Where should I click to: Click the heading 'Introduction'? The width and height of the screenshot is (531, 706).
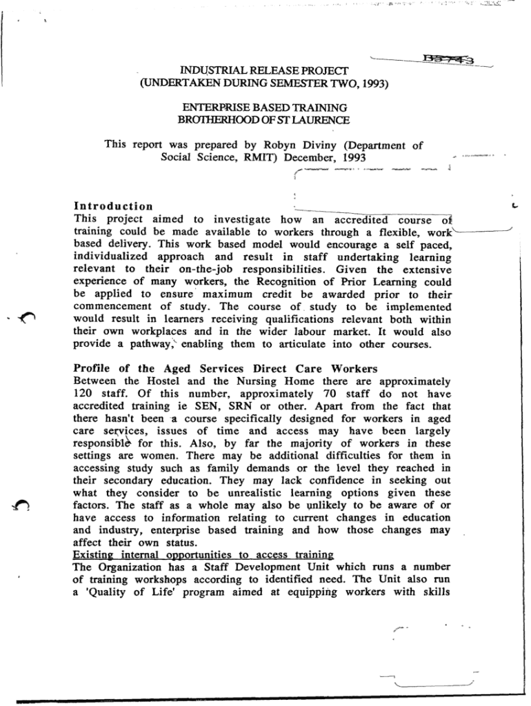113,206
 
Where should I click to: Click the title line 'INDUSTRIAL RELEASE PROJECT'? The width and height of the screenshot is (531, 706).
264,71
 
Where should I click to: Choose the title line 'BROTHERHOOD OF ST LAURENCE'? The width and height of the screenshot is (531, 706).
264,120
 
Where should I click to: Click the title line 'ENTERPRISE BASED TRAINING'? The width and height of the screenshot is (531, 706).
264,108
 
